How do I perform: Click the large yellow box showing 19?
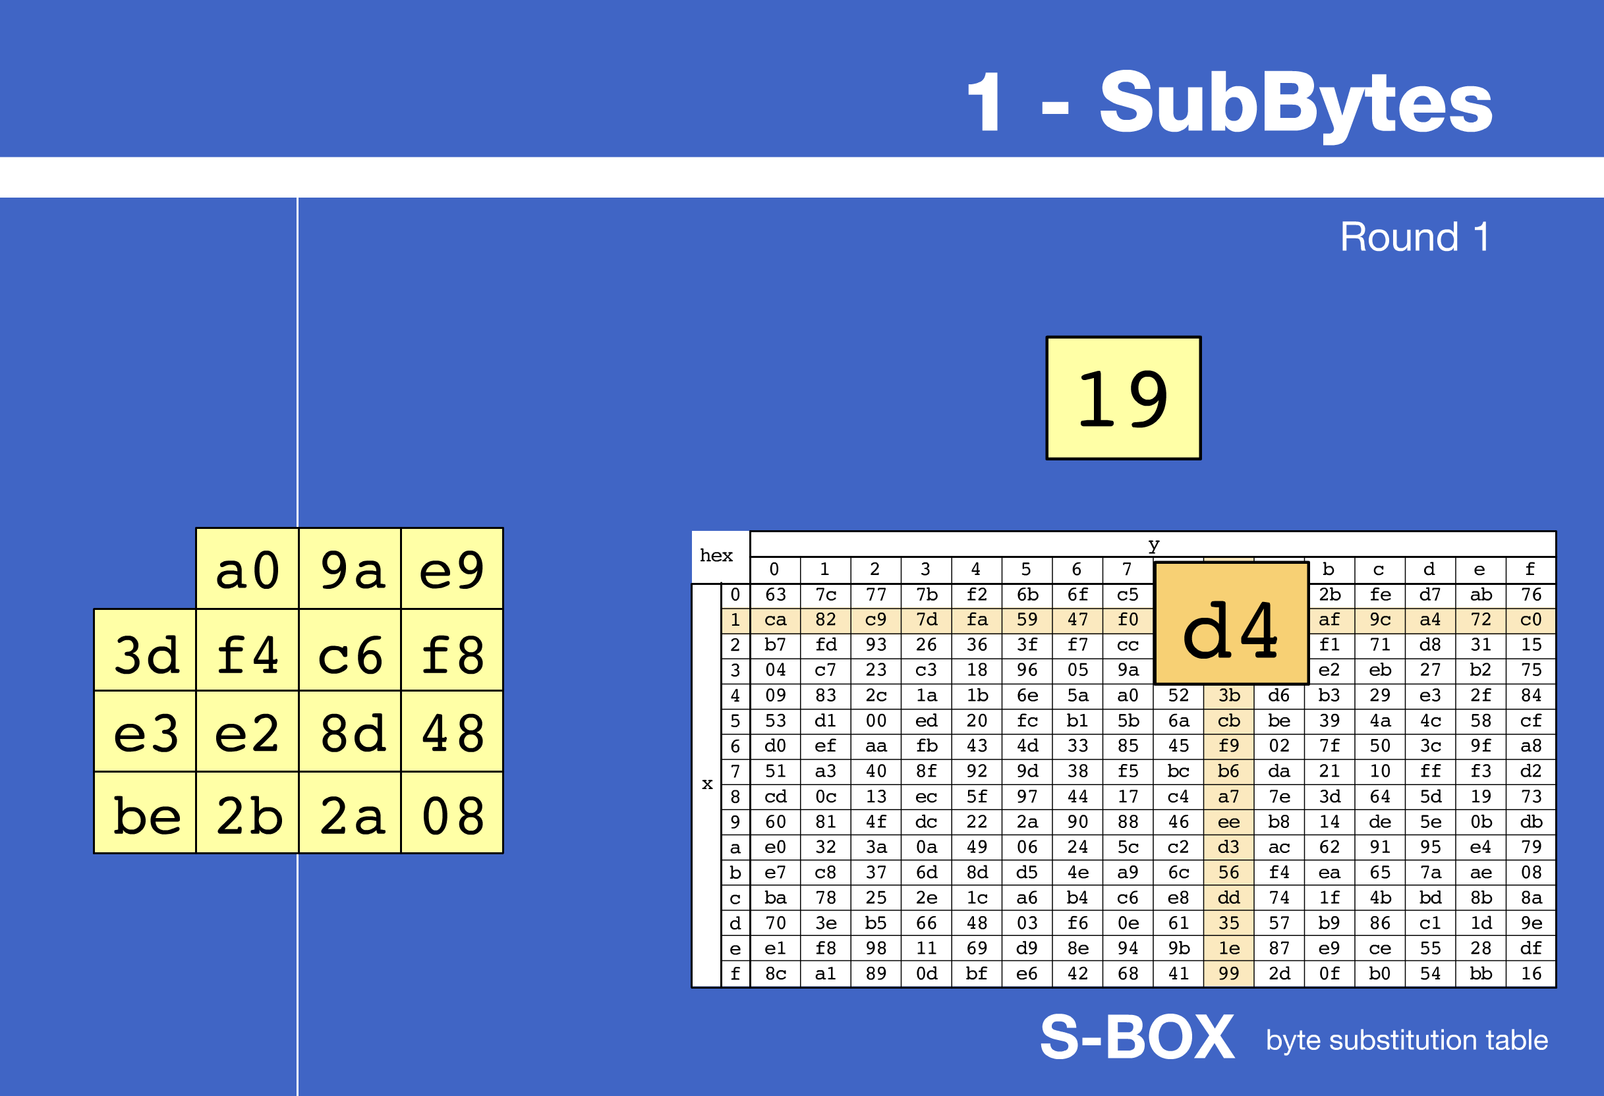click(1123, 398)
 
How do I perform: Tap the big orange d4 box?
click(1230, 624)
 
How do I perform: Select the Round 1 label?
click(1414, 237)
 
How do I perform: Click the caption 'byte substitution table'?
click(1406, 1040)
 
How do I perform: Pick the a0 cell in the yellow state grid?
click(247, 570)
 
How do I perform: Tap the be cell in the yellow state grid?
click(146, 815)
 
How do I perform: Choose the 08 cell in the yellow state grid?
click(453, 815)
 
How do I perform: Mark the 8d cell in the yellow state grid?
click(351, 732)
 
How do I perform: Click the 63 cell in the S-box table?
click(775, 595)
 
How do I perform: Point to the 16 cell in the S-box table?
click(1531, 973)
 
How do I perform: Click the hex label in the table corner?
click(716, 556)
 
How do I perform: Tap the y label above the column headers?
click(1153, 544)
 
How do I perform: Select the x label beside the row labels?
click(706, 784)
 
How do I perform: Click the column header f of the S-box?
click(1530, 570)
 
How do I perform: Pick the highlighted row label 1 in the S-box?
click(735, 620)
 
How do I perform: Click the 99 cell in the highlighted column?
click(1228, 973)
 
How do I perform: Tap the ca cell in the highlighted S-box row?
click(775, 620)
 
